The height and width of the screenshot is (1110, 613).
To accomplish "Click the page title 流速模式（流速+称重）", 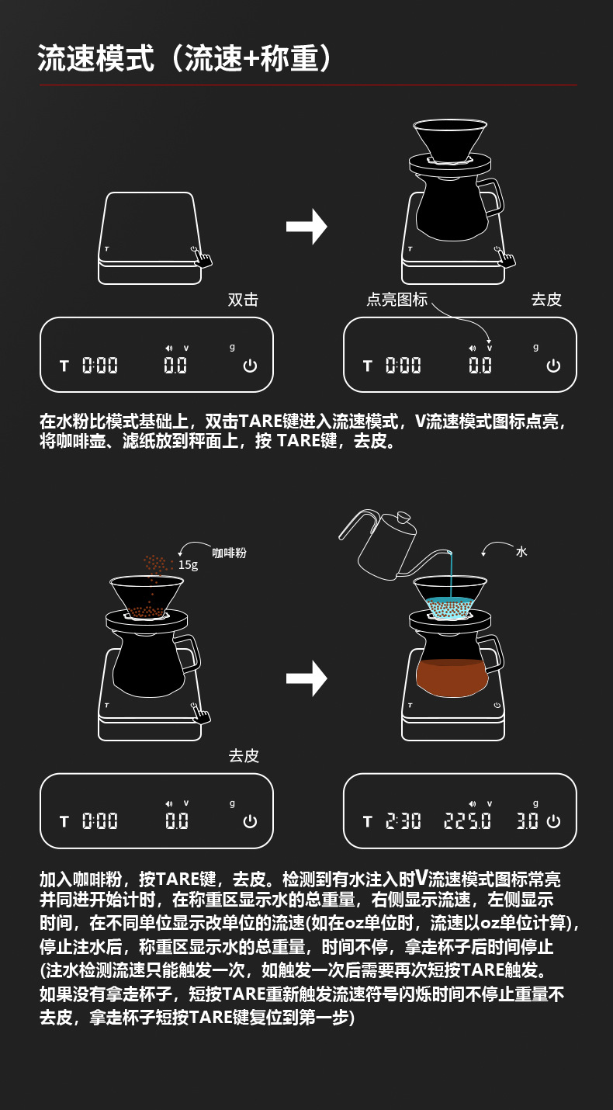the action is (x=185, y=59).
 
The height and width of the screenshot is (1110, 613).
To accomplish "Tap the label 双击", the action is (x=243, y=300).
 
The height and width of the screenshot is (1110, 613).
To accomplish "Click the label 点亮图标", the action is (x=397, y=300).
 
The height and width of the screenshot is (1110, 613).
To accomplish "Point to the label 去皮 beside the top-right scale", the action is (x=546, y=300).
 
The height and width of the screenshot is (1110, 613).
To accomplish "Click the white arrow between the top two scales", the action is (x=306, y=227).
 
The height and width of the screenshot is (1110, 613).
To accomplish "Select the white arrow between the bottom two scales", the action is (x=306, y=678).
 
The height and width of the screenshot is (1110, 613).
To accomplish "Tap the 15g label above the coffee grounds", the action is (x=188, y=565).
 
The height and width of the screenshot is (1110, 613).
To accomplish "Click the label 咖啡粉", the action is (x=229, y=553).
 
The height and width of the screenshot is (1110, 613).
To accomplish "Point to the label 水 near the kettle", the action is (x=521, y=551).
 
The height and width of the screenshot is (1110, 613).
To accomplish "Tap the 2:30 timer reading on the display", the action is (x=403, y=820).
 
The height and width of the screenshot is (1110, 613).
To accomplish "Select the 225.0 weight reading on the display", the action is (x=467, y=820).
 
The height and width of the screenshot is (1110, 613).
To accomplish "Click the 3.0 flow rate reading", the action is (x=528, y=820).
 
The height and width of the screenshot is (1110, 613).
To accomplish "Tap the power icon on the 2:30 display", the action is (x=553, y=820).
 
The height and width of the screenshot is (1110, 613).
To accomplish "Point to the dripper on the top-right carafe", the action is (x=450, y=140).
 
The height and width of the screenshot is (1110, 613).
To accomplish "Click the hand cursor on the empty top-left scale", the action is (x=203, y=257).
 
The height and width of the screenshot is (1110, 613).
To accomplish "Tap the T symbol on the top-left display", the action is (x=64, y=365).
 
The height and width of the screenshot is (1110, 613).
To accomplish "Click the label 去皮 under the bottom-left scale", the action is (x=244, y=756).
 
